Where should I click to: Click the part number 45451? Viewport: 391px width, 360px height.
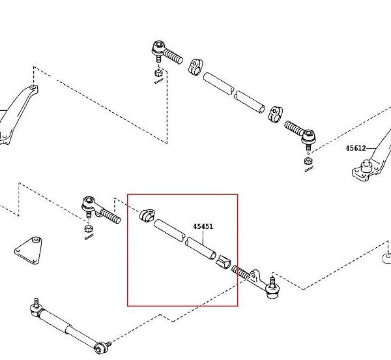tap(203, 226)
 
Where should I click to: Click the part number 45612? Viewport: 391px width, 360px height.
tap(356, 148)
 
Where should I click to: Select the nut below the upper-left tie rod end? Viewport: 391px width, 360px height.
tap(158, 73)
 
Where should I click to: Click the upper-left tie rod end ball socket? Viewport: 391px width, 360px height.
tap(158, 47)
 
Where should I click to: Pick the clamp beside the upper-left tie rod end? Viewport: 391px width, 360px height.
tap(195, 67)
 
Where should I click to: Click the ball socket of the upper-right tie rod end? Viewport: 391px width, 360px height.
tap(310, 136)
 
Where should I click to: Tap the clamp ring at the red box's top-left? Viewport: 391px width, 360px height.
tap(147, 216)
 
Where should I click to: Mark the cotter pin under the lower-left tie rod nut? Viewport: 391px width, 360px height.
tap(88, 237)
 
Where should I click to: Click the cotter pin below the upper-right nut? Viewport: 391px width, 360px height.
tap(308, 170)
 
